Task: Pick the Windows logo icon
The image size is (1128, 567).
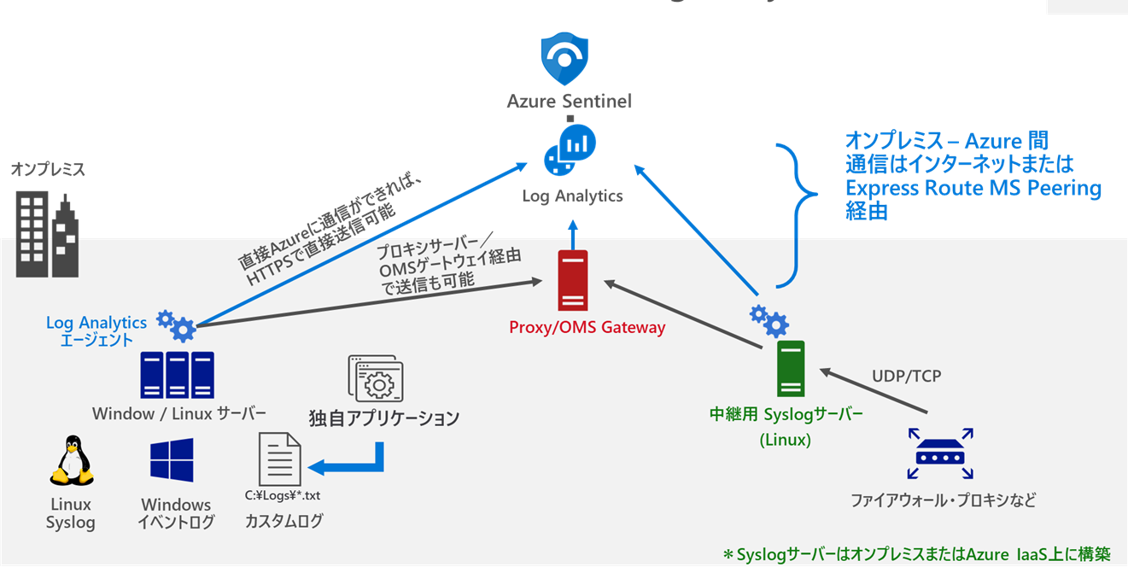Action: coord(172,460)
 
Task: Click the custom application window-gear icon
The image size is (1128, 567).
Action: coord(376,379)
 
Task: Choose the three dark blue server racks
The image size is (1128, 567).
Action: coord(178,375)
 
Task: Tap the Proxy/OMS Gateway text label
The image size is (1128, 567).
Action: coord(587,327)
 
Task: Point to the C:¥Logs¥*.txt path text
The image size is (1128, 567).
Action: coord(283,495)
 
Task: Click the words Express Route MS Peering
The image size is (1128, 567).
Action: coord(973,188)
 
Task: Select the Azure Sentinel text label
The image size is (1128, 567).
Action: coord(570,102)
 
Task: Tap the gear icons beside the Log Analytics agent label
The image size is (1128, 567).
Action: coord(176,324)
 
